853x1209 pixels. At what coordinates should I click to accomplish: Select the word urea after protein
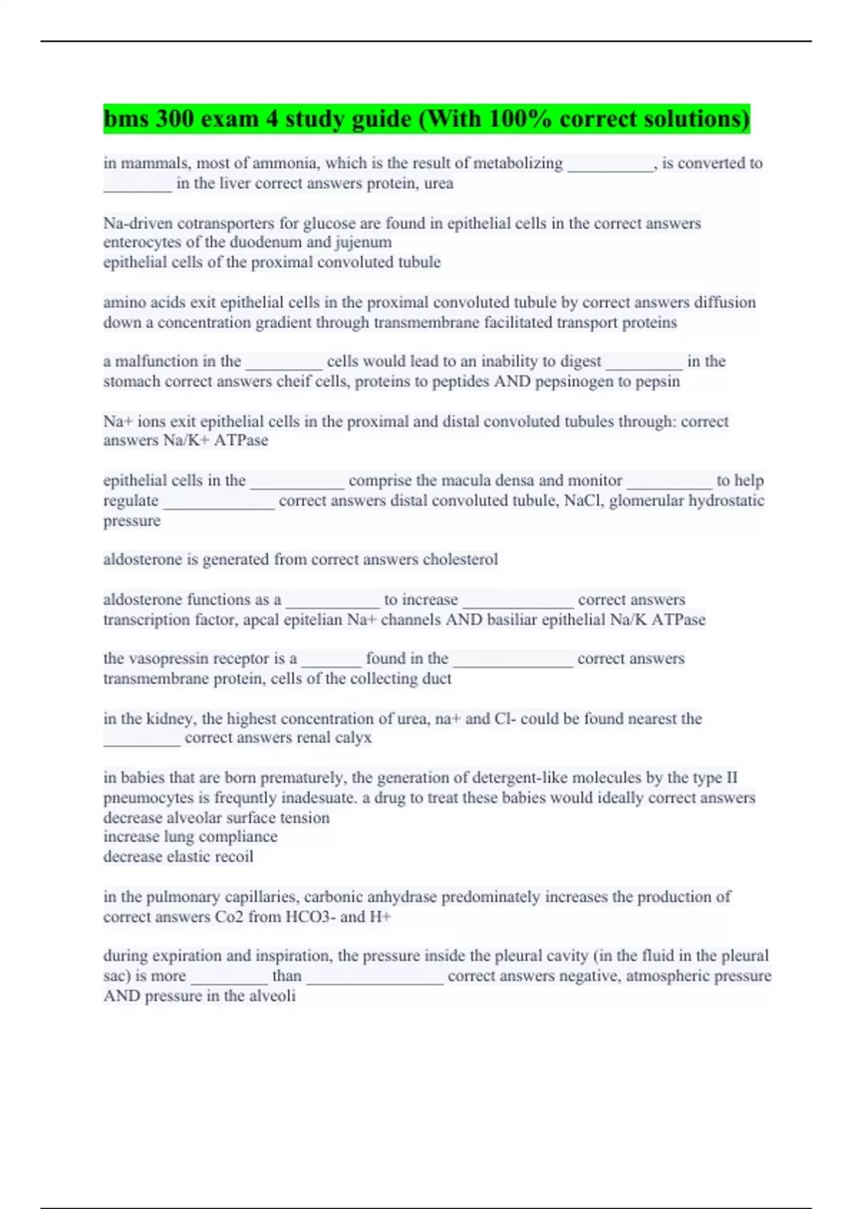[x=439, y=183]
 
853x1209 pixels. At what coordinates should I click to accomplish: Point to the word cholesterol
[x=460, y=560]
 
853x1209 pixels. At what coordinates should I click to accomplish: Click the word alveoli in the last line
[x=272, y=996]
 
